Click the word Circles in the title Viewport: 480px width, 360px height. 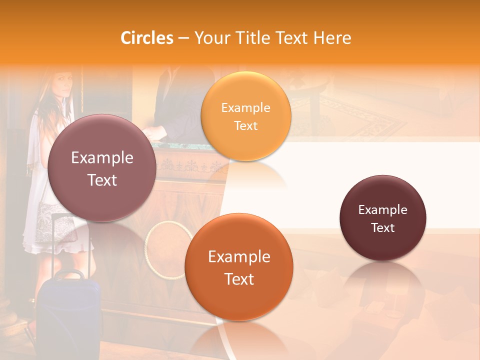(147, 38)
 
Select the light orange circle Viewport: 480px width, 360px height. (245, 116)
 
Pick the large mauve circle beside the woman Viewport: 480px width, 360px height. (102, 168)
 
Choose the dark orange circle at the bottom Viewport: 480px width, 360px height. (239, 267)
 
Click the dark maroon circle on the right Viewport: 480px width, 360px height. (382, 218)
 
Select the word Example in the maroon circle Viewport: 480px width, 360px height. (382, 209)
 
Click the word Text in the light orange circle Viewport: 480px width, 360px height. (245, 125)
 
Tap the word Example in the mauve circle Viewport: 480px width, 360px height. (102, 157)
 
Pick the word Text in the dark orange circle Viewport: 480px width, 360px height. (239, 278)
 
